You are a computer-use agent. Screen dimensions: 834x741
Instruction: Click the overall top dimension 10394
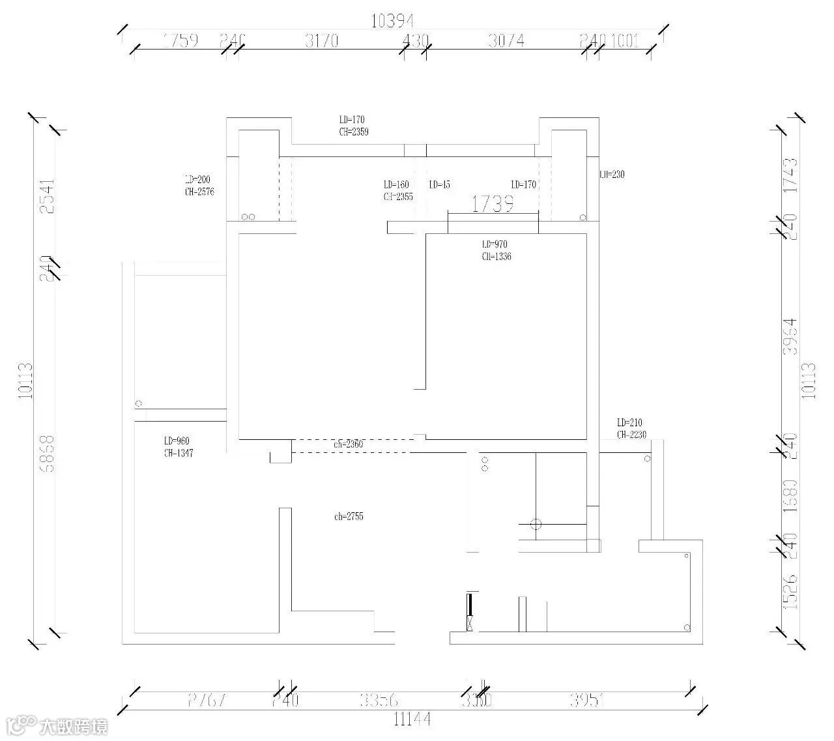pos(393,22)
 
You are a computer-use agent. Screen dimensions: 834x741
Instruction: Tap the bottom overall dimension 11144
pos(412,719)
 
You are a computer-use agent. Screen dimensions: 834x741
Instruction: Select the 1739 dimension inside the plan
pos(493,205)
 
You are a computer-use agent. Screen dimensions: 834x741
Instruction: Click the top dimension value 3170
pos(322,41)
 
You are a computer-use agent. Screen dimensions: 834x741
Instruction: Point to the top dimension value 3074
pos(506,41)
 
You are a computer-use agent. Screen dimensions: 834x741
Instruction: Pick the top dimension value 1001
pos(625,41)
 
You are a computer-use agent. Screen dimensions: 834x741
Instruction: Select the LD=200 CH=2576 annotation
pos(199,185)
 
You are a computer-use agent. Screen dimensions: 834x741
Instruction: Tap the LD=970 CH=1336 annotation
pos(496,250)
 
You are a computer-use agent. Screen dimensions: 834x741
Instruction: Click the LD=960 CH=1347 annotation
pos(179,447)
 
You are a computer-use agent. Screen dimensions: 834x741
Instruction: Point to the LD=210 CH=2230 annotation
pos(631,428)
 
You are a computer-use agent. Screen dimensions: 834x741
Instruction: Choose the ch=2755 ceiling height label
pos(349,517)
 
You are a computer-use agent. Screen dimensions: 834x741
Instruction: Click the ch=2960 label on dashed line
pos(349,444)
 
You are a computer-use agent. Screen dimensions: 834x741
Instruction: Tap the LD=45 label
pos(440,184)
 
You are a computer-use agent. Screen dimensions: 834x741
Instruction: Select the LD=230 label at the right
pos(612,174)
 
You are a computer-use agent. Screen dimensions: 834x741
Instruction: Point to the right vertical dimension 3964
pos(790,336)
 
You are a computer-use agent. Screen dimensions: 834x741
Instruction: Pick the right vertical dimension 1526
pos(790,592)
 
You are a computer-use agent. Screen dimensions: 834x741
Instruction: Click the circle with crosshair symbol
pos(536,524)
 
